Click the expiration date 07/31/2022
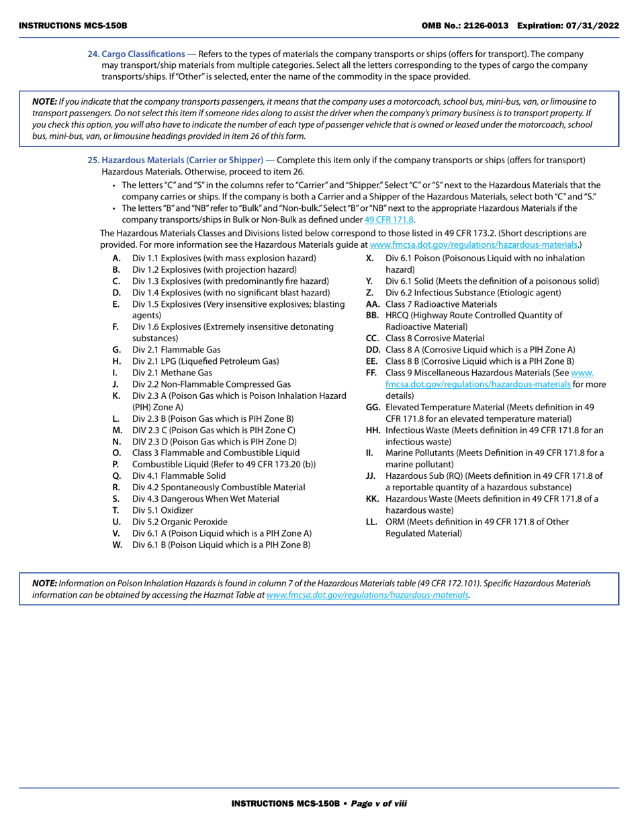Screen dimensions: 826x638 click(592, 25)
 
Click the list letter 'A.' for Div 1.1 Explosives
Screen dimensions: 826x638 click(117, 258)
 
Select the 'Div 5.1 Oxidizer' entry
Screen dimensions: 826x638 click(162, 510)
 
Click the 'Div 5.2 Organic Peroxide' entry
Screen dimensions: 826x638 click(179, 521)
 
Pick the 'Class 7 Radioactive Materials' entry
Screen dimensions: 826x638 click(441, 304)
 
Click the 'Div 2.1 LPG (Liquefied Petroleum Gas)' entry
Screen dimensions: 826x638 click(205, 361)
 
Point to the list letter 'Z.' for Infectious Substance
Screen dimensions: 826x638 click(369, 293)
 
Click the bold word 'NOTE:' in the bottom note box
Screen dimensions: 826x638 click(44, 584)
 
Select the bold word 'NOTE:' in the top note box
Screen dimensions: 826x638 click(44, 101)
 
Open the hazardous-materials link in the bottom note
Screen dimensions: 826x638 click(367, 595)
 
